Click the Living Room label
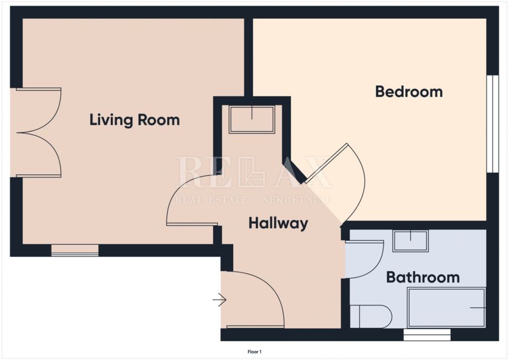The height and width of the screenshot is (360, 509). click(135, 120)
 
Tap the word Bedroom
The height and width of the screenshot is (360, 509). click(409, 92)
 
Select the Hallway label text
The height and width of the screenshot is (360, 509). click(278, 224)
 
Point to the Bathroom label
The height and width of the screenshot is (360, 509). click(423, 277)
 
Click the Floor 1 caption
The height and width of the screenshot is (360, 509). click(255, 352)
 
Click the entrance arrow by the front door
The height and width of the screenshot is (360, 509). click(219, 300)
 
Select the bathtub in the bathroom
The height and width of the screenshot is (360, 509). click(446, 307)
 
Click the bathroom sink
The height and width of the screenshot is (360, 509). click(410, 241)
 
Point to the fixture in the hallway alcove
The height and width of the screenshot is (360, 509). click(252, 119)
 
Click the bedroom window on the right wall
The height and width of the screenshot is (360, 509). click(493, 124)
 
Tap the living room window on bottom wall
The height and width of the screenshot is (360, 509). click(75, 250)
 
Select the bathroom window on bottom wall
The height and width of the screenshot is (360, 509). click(427, 335)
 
